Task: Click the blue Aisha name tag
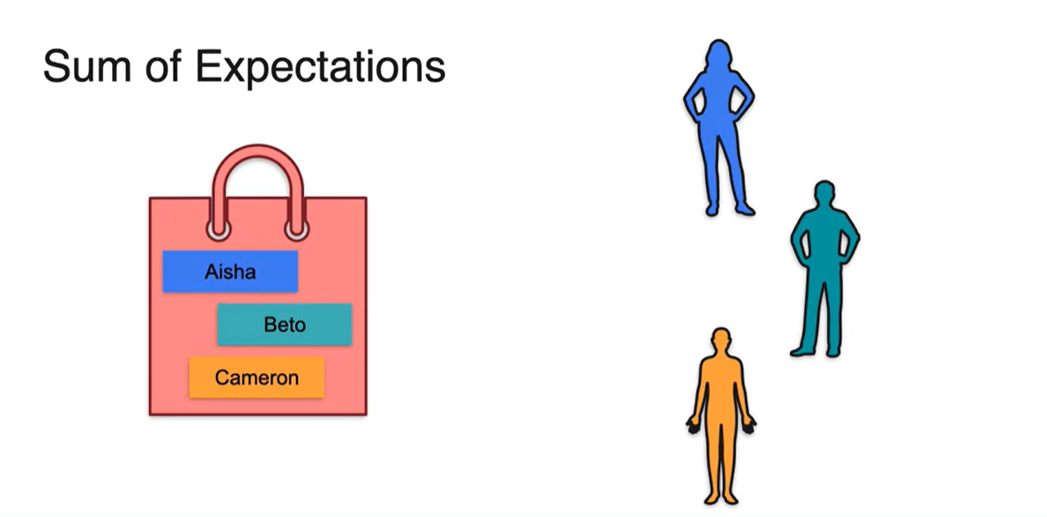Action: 230,272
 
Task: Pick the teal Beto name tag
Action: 285,325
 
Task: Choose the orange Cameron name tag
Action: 256,378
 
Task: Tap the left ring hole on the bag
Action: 219,229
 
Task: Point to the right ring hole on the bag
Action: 297,229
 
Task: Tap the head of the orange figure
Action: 721,341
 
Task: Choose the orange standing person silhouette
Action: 721,415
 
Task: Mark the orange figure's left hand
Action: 692,428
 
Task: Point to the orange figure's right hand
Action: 750,428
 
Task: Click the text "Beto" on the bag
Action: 285,325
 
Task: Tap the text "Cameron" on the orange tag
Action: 256,378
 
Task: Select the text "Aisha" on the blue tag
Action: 230,272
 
